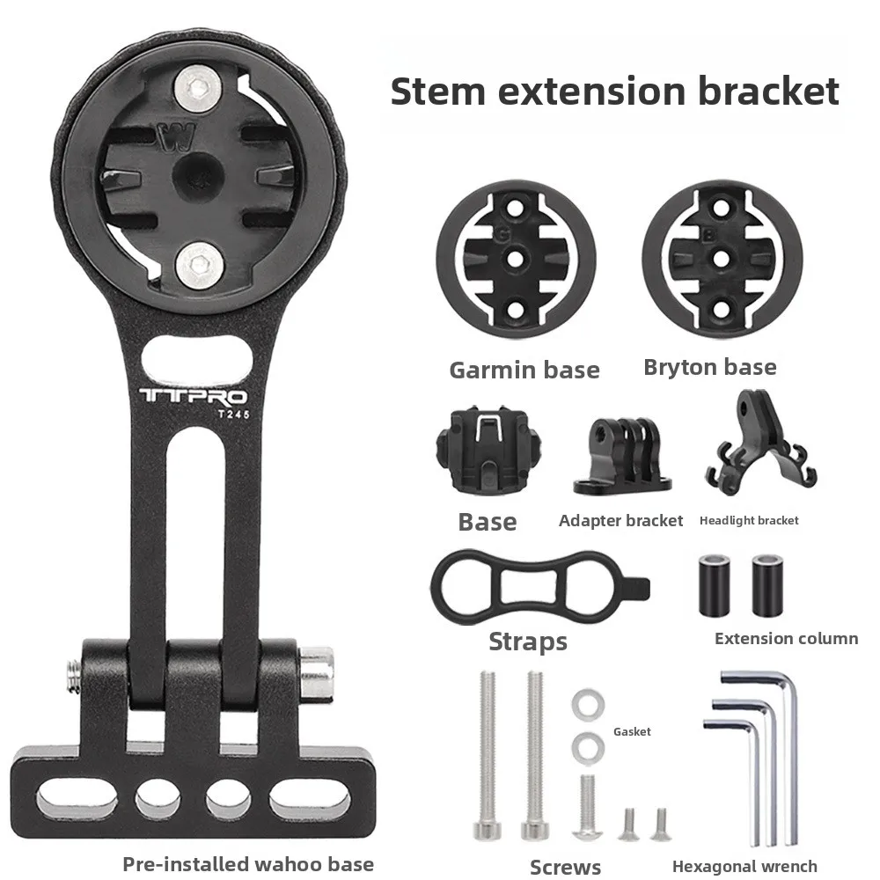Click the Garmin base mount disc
[517, 260]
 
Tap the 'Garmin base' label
[524, 370]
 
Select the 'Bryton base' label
[710, 366]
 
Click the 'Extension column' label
[786, 639]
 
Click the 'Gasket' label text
[632, 731]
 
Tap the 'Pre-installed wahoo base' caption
[248, 864]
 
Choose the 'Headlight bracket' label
[749, 521]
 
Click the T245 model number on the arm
[219, 417]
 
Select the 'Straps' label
[528, 642]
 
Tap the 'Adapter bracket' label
[621, 521]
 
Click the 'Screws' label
[565, 867]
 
